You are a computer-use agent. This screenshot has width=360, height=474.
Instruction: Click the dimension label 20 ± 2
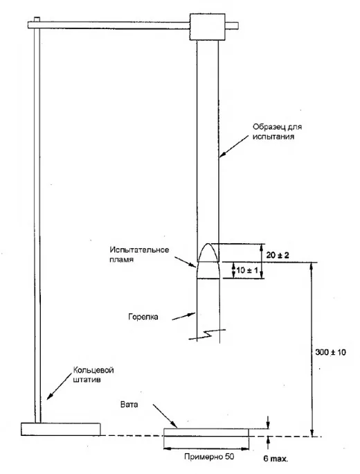coord(277,255)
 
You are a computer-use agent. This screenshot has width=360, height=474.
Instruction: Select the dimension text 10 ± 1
coord(247,270)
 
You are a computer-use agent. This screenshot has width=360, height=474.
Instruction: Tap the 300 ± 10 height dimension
coord(330,352)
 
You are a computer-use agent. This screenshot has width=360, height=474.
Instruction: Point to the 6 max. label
coord(276,459)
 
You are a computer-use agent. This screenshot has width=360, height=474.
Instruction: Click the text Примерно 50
coord(209,457)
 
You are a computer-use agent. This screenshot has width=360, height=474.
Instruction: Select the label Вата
coord(129,405)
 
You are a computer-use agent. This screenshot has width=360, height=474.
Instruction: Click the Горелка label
coord(143,317)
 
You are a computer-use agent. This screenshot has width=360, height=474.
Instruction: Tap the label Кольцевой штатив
coord(93,375)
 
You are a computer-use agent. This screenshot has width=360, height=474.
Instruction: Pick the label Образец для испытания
coord(277,132)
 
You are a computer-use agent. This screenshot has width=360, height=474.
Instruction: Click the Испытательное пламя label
coord(139,254)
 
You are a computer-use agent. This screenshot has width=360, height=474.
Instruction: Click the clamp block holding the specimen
coord(207,26)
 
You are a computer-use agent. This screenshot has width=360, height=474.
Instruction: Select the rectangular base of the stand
coord(61,429)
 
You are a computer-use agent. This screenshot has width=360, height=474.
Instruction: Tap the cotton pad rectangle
coord(206,432)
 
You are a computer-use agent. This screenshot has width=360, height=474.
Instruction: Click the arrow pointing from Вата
coord(165,416)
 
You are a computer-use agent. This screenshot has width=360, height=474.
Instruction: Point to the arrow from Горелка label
coord(184,316)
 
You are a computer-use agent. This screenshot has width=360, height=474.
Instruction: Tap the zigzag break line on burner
coord(207,334)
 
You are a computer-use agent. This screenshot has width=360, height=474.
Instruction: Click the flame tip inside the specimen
coord(208,244)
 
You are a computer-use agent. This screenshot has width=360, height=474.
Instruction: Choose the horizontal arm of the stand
coord(109,25)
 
